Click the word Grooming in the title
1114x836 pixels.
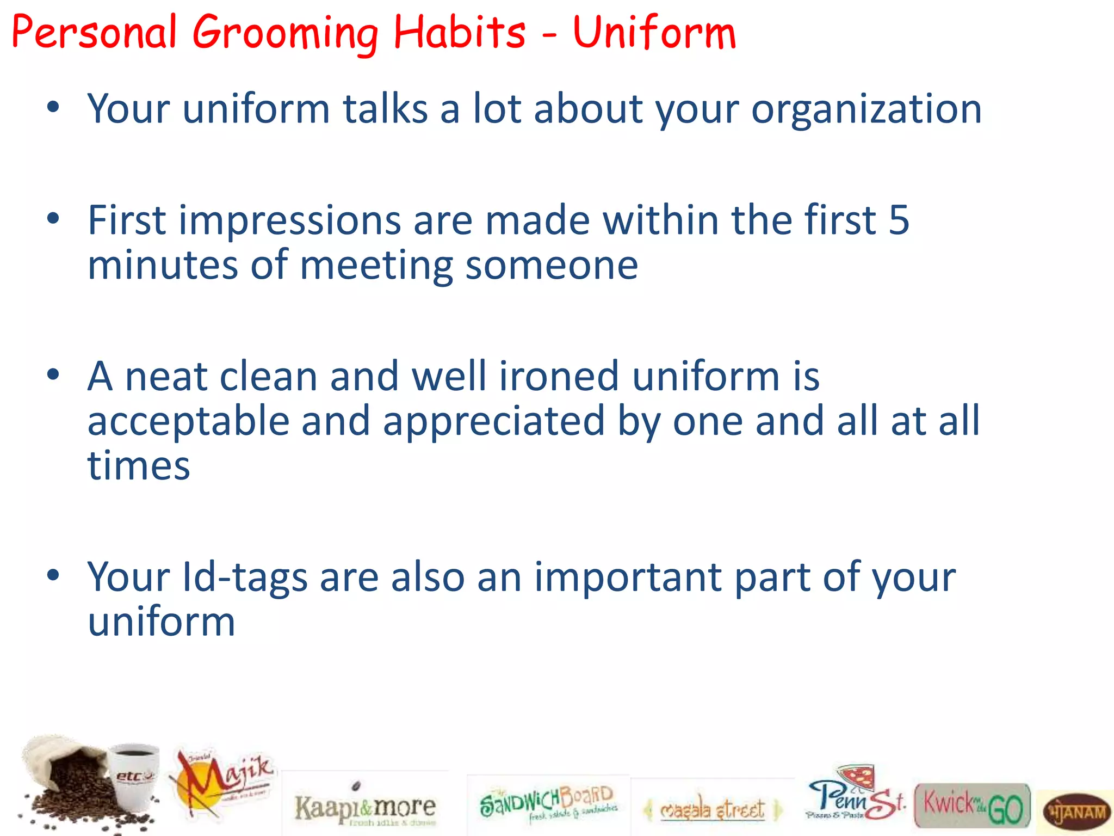coord(286,34)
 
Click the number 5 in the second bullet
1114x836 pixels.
coord(899,220)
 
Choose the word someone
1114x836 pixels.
coord(552,266)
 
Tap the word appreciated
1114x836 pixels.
coord(494,421)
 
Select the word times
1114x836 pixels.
coord(139,466)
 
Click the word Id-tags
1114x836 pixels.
coord(244,577)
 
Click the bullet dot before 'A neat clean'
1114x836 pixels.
coord(53,375)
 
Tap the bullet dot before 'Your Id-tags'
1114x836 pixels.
coord(53,575)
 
